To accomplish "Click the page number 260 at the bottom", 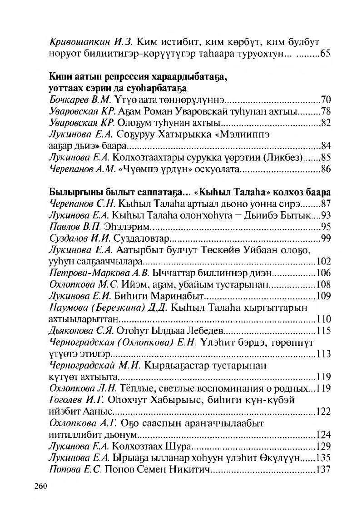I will (x=41, y=486).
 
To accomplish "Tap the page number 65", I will (x=325, y=54).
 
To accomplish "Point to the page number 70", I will (x=325, y=99).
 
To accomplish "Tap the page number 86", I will (x=325, y=169).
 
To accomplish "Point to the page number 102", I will (x=323, y=261).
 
